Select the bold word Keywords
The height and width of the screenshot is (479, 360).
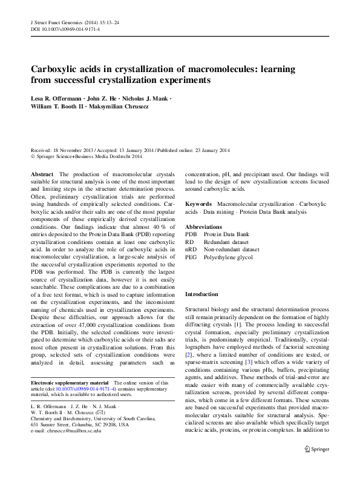point(198,205)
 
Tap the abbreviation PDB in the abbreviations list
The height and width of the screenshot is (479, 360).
point(191,234)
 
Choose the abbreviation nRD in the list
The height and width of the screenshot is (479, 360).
point(191,249)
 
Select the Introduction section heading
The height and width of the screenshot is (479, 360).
point(201,294)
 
